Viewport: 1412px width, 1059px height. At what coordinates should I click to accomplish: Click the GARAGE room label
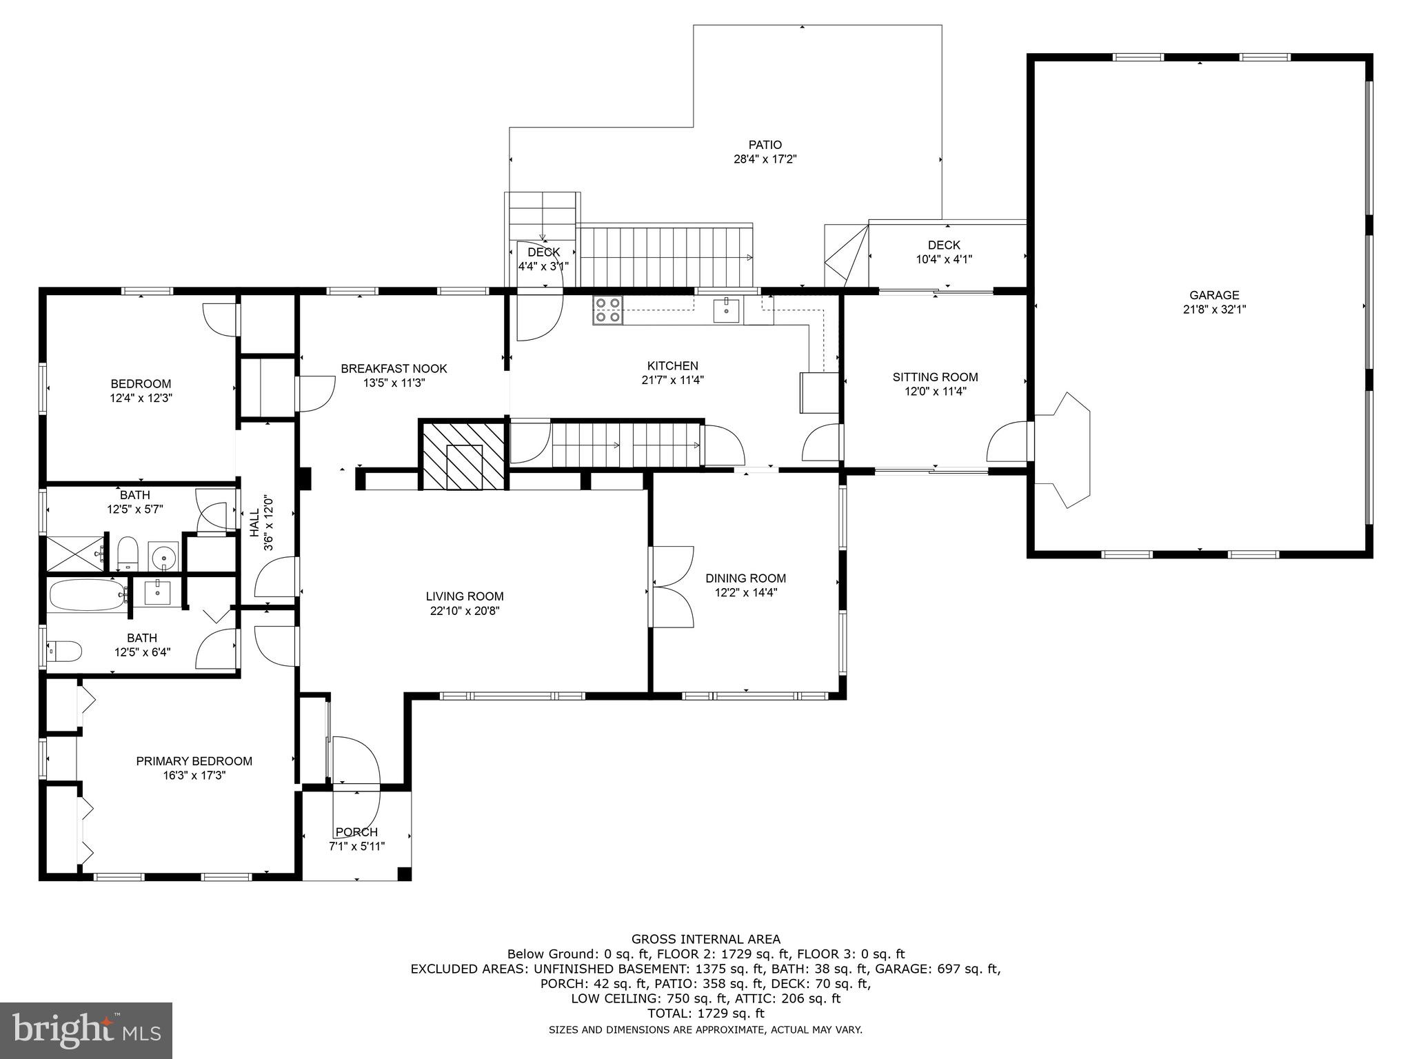[x=1214, y=295]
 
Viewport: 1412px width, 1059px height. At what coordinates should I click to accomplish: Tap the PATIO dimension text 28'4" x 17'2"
[x=765, y=159]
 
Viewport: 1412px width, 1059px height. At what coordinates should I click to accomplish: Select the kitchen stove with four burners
[x=607, y=310]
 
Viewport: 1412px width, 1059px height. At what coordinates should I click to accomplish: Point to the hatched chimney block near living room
[x=463, y=456]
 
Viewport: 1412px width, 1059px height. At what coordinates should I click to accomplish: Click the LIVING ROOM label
[x=464, y=596]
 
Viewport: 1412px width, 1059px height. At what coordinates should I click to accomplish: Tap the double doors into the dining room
[x=672, y=586]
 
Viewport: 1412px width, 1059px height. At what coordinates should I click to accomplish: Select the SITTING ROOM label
[x=935, y=377]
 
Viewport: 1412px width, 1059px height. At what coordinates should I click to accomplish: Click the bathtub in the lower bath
[x=86, y=594]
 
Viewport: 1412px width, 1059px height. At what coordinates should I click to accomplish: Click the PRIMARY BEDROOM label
[x=194, y=761]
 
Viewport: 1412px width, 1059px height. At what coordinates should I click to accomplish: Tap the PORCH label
[x=356, y=832]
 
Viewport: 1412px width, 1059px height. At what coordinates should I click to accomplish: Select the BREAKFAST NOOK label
[x=394, y=369]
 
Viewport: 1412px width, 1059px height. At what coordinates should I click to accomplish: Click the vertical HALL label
[x=254, y=523]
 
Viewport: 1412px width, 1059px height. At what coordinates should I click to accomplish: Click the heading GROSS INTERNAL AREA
[x=705, y=939]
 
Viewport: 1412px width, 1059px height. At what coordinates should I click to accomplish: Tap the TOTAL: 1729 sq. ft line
[x=705, y=1013]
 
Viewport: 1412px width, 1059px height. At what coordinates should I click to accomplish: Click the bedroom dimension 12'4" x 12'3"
[x=141, y=398]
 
